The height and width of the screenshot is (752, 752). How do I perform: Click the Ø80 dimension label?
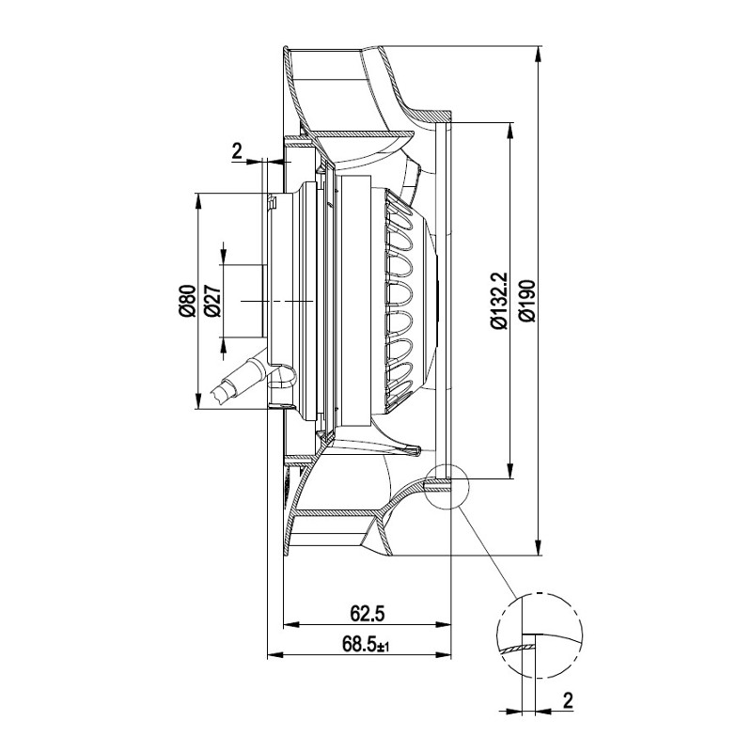(x=186, y=300)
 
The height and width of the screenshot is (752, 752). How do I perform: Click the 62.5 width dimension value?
(x=368, y=614)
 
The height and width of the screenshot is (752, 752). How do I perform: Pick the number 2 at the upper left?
(x=237, y=149)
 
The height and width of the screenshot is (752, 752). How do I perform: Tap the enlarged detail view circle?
(x=539, y=634)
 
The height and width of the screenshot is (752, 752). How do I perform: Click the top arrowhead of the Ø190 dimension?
(x=537, y=53)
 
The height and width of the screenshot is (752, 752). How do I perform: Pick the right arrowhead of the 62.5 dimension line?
(x=446, y=625)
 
